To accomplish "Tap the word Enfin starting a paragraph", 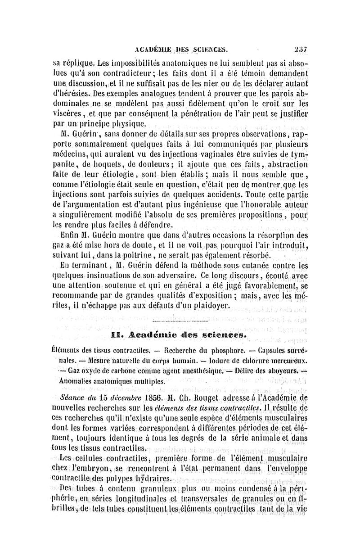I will (69, 235).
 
